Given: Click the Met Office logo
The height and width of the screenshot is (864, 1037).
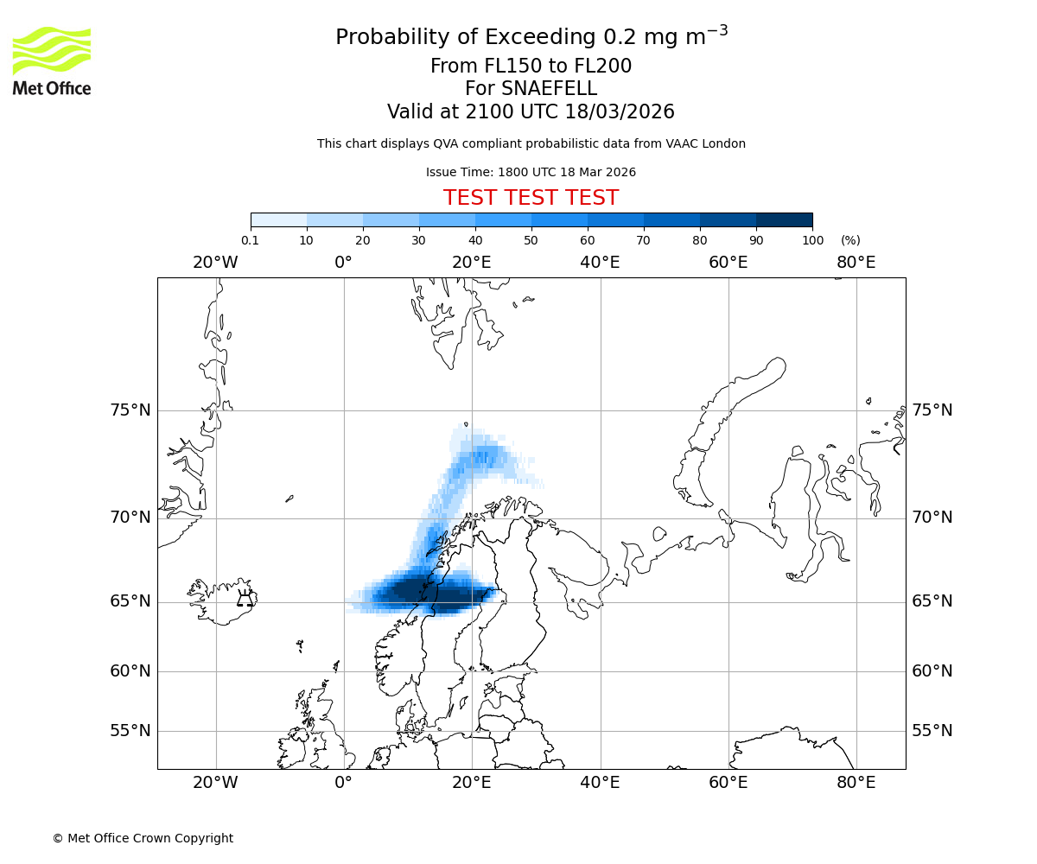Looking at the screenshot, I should coord(52,60).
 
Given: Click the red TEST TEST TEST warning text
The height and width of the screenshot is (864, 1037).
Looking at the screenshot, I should coord(531,199).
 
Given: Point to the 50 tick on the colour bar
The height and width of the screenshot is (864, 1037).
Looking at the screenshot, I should coord(531,240).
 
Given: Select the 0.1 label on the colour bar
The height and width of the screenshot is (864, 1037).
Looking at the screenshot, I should coord(250,240).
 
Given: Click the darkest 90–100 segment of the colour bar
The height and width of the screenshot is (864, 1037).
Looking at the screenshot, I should coord(784,220).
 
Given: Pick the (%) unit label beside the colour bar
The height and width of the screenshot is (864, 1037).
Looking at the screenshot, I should coord(850,240).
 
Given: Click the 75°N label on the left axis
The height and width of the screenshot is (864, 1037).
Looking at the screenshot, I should coord(130,410).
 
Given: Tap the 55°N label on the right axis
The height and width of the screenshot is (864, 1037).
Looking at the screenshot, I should coord(932,731).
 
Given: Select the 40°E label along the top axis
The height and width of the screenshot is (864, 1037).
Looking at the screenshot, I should coord(600,263).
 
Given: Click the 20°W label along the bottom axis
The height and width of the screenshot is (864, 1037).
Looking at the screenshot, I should coord(215,783).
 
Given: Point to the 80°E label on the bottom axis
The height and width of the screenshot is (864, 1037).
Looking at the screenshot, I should coord(856,783).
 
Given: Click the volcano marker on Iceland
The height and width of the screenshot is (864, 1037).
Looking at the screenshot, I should coord(245,599).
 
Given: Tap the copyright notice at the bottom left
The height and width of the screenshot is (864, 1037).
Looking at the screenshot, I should coord(143,838).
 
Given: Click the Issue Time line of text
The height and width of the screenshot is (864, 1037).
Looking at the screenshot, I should coord(531,173).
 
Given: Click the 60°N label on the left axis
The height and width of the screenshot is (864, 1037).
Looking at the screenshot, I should coord(130,671).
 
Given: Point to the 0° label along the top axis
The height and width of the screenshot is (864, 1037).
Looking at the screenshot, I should coord(343,263).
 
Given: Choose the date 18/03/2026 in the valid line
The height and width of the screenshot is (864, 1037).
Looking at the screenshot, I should coord(620,112).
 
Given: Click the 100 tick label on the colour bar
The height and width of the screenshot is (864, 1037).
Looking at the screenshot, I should coord(812,240).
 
